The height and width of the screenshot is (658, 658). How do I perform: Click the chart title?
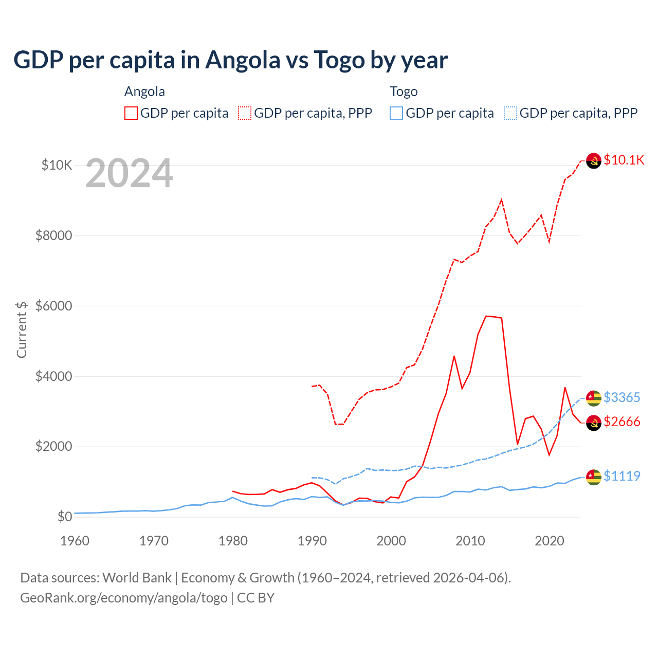click(x=230, y=60)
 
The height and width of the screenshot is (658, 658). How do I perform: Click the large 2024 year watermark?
click(x=129, y=173)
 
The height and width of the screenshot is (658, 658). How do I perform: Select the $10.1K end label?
click(x=624, y=160)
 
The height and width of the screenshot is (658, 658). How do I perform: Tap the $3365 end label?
click(x=622, y=397)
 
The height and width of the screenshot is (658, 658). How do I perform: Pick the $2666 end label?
click(x=622, y=422)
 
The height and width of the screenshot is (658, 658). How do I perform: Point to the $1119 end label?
click(x=622, y=476)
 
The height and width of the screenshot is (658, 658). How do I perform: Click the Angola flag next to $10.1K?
click(x=594, y=161)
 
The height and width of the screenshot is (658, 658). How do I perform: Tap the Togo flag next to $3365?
click(x=594, y=398)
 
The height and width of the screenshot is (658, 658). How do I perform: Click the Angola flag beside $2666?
click(x=594, y=423)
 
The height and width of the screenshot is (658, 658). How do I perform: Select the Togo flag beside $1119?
click(x=594, y=477)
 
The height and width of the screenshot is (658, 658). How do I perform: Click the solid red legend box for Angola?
click(x=131, y=113)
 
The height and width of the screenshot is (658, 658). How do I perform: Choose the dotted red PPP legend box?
click(x=245, y=113)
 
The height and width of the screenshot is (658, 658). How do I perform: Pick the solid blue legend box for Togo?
click(x=396, y=113)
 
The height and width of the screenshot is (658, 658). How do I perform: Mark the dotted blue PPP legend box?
click(x=510, y=113)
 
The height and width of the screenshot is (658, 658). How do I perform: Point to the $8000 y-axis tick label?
click(x=53, y=235)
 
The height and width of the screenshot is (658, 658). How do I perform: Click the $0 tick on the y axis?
click(x=64, y=517)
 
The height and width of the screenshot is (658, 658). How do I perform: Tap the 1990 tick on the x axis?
click(x=312, y=541)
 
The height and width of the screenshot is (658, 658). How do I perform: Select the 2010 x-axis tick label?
click(x=470, y=541)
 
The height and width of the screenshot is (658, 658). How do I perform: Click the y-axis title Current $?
click(x=22, y=330)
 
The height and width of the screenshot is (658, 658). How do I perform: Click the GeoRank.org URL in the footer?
click(x=123, y=598)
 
